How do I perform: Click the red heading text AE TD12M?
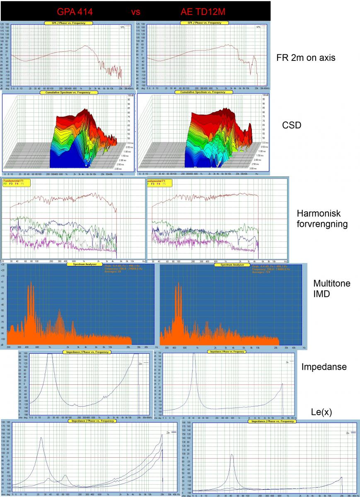point(203,12)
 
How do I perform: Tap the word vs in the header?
point(136,12)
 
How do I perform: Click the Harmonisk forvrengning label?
point(322,219)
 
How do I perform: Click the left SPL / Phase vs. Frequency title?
point(65,23)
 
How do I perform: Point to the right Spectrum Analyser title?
point(232,265)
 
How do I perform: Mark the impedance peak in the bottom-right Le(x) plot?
point(232,454)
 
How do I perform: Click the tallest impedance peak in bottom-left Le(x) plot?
point(41,437)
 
